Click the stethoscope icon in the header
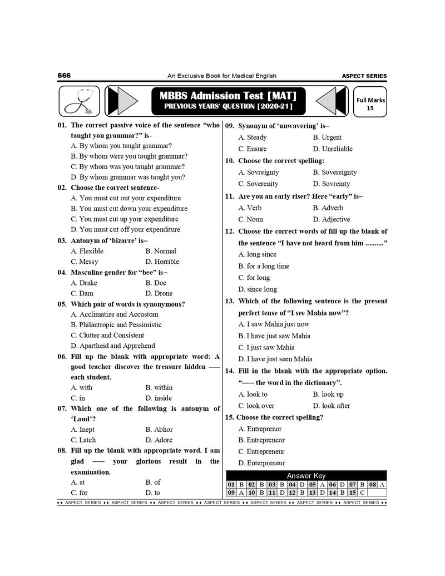tap(79, 102)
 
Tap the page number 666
tap(64, 76)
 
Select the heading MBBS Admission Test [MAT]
tap(224, 95)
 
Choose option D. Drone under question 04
tap(159, 293)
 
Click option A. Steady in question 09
tap(253, 137)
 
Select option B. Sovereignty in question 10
tap(335, 173)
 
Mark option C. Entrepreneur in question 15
tap(261, 451)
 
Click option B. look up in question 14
tap(328, 394)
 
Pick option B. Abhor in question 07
tap(159, 430)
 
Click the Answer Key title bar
tap(306, 476)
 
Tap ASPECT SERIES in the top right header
tap(364, 76)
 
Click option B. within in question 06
tap(159, 387)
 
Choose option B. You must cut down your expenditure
tap(129, 209)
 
